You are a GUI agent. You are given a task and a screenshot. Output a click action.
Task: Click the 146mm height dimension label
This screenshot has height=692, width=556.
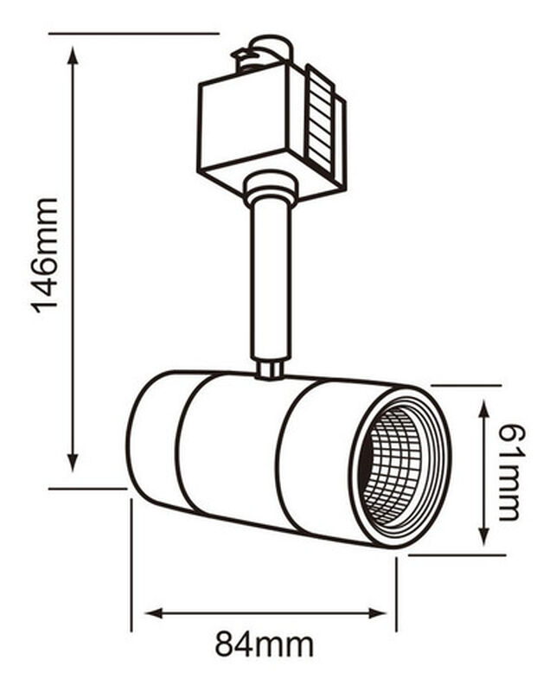coord(46,256)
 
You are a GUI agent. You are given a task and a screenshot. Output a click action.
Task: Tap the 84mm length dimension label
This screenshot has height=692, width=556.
coord(265,644)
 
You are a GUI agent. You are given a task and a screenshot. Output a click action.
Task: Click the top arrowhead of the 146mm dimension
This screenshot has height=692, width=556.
coord(73,54)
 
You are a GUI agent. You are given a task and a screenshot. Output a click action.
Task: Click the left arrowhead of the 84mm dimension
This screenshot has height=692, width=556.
coord(152,613)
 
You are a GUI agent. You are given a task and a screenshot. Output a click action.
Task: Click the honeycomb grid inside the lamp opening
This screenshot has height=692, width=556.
coord(393,467)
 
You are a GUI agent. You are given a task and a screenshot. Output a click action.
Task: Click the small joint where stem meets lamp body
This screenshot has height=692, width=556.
coord(269,370)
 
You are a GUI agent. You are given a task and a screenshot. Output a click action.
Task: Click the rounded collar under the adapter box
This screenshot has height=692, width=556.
coord(270,188)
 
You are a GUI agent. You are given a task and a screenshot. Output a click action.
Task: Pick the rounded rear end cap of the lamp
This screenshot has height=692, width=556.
coord(152,437)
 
